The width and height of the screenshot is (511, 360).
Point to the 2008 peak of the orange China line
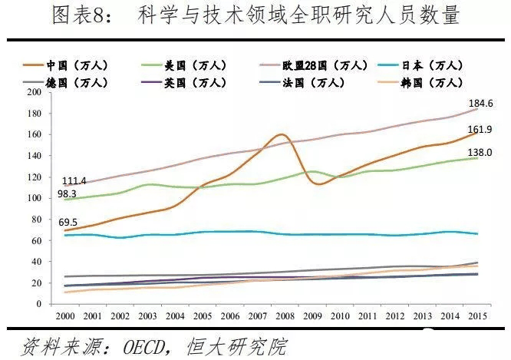click(x=281, y=134)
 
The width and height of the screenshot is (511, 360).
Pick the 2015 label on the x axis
click(x=478, y=315)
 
